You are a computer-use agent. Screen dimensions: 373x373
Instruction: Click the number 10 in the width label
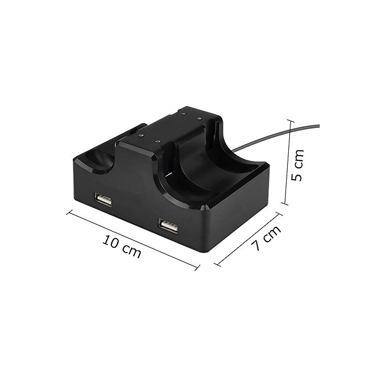(x=111, y=241)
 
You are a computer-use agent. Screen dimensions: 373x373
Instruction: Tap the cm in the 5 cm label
(x=298, y=158)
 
